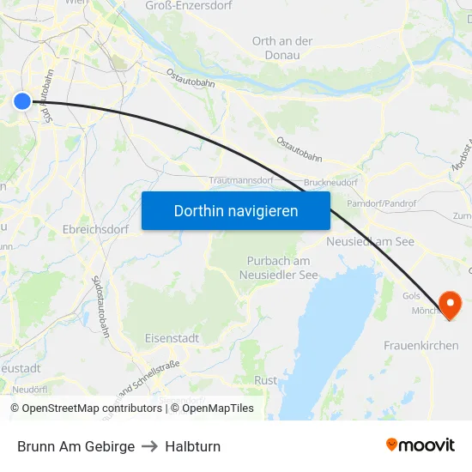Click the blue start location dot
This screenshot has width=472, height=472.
[x=22, y=101]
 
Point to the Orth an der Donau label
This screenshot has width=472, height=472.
[x=282, y=48]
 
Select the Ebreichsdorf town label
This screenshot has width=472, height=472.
[x=95, y=229]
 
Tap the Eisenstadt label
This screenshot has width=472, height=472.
[x=172, y=338]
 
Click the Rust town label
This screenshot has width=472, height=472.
[x=266, y=380]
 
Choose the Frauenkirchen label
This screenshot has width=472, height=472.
[x=421, y=346]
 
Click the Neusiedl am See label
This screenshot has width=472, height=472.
[x=371, y=242]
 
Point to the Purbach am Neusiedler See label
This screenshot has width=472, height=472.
[x=278, y=268]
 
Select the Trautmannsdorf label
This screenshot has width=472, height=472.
[x=241, y=181]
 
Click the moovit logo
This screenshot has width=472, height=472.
[x=421, y=445]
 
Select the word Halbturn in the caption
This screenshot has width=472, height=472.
[x=193, y=446]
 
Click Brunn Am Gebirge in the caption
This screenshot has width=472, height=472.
[x=76, y=446]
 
